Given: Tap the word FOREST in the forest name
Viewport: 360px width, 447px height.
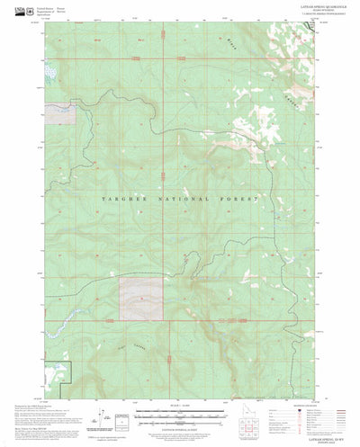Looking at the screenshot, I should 238,197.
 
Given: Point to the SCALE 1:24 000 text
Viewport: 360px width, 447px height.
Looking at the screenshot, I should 180,407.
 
